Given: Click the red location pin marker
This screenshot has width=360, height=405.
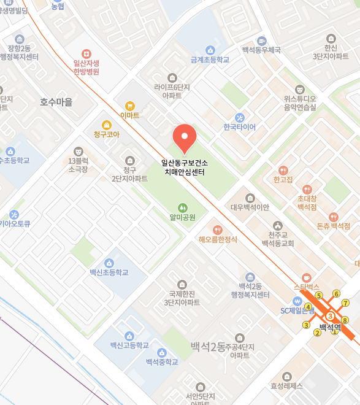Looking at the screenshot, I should click(x=184, y=137).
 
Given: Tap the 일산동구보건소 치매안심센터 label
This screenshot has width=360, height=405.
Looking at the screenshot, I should click(x=184, y=168).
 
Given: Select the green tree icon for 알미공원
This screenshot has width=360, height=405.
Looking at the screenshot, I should click(x=182, y=208).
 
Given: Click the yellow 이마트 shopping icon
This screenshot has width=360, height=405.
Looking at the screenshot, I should click(x=129, y=106).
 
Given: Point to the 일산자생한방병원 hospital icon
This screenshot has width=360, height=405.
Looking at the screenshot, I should click(x=86, y=53).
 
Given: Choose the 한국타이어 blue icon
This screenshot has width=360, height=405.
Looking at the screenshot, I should click(x=240, y=117).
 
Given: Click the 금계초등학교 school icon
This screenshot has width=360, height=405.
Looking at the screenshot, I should click(x=210, y=50).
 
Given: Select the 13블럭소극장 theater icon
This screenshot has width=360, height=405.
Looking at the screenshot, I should click(x=78, y=151).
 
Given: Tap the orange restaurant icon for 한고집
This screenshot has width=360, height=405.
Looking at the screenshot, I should click(x=283, y=170).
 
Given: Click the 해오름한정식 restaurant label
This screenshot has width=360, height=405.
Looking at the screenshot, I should click(x=218, y=239).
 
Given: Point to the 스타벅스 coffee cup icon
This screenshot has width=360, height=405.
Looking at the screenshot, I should click(x=307, y=277).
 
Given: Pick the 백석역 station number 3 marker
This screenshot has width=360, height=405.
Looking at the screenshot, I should click(x=330, y=316).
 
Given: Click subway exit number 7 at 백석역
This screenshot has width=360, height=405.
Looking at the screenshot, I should click(x=345, y=303).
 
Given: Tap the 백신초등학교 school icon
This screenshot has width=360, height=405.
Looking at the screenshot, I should click(x=109, y=263).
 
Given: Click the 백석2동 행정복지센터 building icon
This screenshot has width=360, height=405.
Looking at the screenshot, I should click(x=250, y=277).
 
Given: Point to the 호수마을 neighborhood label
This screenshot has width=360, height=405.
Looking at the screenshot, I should click(x=56, y=102).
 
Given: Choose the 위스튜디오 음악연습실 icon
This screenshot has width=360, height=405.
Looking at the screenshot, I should click(x=299, y=89).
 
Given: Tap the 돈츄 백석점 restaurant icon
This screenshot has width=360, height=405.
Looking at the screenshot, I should click(x=333, y=217).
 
